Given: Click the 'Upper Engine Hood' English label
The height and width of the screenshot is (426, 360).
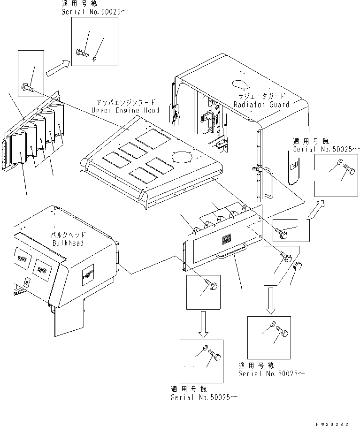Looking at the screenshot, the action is [x=125, y=110].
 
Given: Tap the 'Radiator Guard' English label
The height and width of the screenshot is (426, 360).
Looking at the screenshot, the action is [x=261, y=105].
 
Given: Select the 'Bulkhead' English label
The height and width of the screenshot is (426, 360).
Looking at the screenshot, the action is [x=68, y=243].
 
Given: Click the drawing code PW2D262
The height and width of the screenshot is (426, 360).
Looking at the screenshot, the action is [x=332, y=424].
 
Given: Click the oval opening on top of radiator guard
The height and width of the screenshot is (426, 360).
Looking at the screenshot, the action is [x=240, y=84].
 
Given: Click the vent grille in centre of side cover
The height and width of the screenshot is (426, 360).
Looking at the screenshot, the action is [x=226, y=239].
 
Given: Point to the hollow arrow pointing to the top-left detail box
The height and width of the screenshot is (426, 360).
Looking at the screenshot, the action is [x=58, y=68].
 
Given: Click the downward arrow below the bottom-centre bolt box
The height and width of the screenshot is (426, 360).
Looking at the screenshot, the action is [x=203, y=324].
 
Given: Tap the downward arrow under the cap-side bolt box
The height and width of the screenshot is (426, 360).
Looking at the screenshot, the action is [x=270, y=301].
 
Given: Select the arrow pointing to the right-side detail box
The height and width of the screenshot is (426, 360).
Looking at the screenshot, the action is [x=316, y=209].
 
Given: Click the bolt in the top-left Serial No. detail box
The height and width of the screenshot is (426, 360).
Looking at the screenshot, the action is [x=82, y=53].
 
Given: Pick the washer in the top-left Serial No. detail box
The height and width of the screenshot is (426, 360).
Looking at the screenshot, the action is [x=94, y=58].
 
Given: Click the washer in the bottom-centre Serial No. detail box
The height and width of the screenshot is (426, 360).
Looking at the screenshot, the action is [x=206, y=348].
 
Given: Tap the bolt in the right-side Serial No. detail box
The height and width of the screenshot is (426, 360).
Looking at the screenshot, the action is [x=349, y=169].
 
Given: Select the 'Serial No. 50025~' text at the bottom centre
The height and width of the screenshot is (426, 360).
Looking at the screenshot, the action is [x=204, y=397].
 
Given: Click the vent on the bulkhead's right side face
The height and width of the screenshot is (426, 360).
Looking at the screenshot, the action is [x=88, y=274].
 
